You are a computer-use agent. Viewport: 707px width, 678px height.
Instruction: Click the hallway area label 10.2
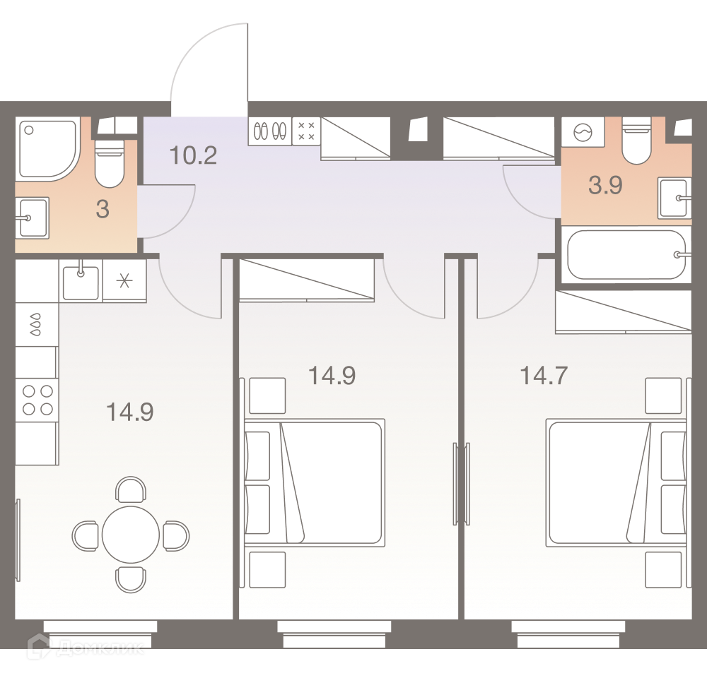[193, 155]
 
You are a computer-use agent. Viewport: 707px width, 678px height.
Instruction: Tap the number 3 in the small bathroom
[103, 210]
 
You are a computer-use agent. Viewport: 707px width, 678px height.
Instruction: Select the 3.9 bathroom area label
[605, 185]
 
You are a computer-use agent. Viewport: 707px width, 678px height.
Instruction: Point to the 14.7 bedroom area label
[543, 375]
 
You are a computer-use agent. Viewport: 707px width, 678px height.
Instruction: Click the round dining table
[131, 535]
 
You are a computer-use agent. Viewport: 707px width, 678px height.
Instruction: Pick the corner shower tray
[48, 148]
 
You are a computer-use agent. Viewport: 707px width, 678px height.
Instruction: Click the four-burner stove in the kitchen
[37, 400]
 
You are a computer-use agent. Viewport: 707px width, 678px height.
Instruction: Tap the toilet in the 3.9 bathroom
[636, 141]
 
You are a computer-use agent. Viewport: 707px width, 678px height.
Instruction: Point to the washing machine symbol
[583, 133]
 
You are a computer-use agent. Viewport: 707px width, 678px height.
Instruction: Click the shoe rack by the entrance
[270, 131]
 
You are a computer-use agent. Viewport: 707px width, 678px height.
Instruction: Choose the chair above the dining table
[131, 489]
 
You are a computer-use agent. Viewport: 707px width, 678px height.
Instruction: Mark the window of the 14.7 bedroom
[568, 634]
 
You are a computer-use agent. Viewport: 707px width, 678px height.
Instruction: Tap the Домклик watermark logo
[86, 648]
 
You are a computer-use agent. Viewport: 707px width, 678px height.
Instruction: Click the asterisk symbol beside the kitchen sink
[124, 281]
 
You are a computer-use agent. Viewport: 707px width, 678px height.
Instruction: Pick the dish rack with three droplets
[36, 325]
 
